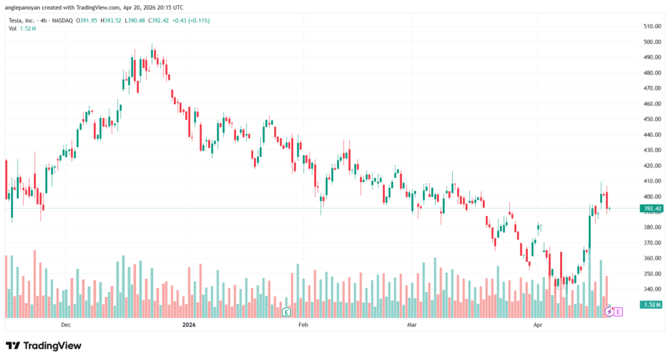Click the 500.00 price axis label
[x=652, y=42]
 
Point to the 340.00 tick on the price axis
[x=652, y=289]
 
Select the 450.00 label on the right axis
[x=652, y=119]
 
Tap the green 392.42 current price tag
[x=652, y=209]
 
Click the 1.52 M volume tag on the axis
[x=652, y=305]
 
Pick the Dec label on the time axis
[x=65, y=325]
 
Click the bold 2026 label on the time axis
[x=189, y=325]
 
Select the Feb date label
[x=302, y=325]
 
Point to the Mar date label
[x=412, y=325]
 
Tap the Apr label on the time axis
[x=538, y=325]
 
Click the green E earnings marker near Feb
[x=286, y=312]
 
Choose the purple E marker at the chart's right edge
[x=618, y=312]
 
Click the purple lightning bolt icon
[x=609, y=312]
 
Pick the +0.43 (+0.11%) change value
[x=189, y=20]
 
